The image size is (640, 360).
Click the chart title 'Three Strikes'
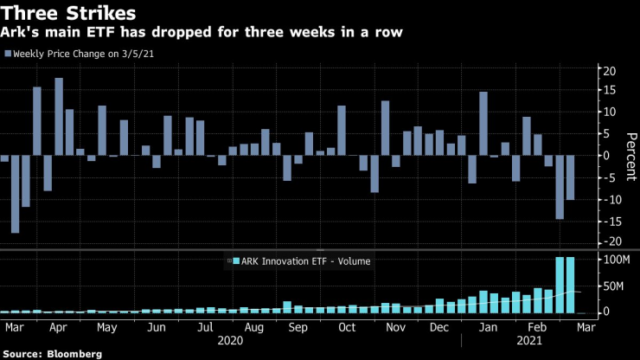(70, 15)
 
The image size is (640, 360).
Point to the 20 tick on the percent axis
(609, 70)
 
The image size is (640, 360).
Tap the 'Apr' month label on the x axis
(59, 328)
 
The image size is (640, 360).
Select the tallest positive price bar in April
(59, 117)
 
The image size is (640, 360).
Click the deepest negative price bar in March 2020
(15, 195)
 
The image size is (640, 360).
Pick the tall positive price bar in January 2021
(483, 124)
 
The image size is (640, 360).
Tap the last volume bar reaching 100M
(571, 285)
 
